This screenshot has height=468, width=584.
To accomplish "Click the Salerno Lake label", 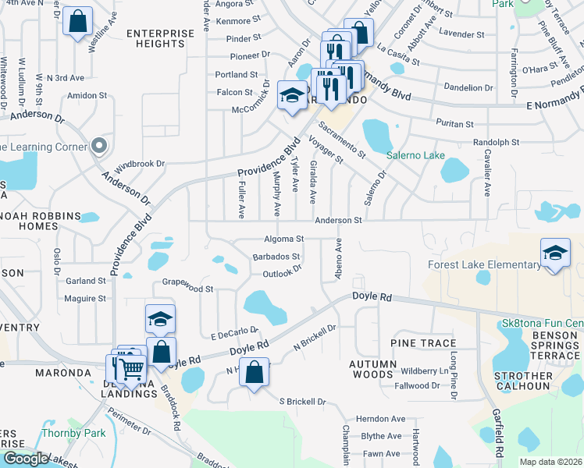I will (423, 155).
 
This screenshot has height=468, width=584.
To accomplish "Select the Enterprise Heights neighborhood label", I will (159, 38).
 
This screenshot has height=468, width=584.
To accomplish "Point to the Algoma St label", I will (283, 239).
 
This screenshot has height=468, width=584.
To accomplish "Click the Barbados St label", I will (276, 257).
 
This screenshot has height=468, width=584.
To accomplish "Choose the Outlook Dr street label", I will (282, 273).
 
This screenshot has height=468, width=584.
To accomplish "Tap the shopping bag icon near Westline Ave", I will (77, 22).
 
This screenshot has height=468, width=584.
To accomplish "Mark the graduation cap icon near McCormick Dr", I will (292, 96).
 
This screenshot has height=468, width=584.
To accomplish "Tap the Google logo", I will (25, 459).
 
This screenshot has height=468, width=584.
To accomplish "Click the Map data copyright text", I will (550, 462).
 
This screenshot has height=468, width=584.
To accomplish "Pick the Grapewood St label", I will (187, 289).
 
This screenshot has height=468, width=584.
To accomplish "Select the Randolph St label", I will (496, 143).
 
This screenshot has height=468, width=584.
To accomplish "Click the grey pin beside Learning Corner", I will (98, 146).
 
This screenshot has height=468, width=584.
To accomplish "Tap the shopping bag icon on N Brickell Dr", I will (254, 372).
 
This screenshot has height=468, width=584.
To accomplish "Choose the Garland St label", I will (85, 281).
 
